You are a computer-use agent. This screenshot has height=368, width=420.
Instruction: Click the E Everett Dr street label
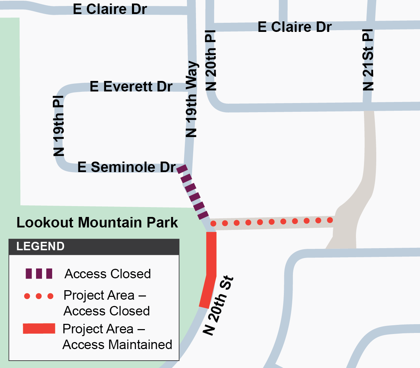tap(131, 86)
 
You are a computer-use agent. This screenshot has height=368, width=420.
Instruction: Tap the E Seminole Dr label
tap(126, 167)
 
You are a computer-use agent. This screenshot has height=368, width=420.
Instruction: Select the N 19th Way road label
tap(191, 100)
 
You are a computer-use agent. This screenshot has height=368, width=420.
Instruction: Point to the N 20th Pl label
tap(211, 60)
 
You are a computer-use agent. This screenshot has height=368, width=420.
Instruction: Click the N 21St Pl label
tap(368, 60)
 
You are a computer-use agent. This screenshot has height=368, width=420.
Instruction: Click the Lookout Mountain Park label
tap(97, 223)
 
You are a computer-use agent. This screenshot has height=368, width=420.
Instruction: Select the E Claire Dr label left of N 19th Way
tap(110, 9)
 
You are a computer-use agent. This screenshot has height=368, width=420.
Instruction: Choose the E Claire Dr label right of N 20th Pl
tap(294, 27)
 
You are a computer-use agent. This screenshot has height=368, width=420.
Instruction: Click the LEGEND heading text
tap(40, 246)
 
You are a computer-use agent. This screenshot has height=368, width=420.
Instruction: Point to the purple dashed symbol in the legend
tap(39, 273)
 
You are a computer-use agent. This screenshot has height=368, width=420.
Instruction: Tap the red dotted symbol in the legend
tap(39, 296)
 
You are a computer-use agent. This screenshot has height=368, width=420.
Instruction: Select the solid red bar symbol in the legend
tap(39, 329)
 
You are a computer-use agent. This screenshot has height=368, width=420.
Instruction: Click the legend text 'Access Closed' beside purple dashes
tap(108, 274)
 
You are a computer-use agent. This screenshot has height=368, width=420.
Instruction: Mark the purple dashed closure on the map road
tap(193, 192)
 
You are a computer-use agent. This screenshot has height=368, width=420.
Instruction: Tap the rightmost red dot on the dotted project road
tap(330, 220)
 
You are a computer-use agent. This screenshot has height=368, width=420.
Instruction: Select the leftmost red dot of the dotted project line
tap(213, 224)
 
